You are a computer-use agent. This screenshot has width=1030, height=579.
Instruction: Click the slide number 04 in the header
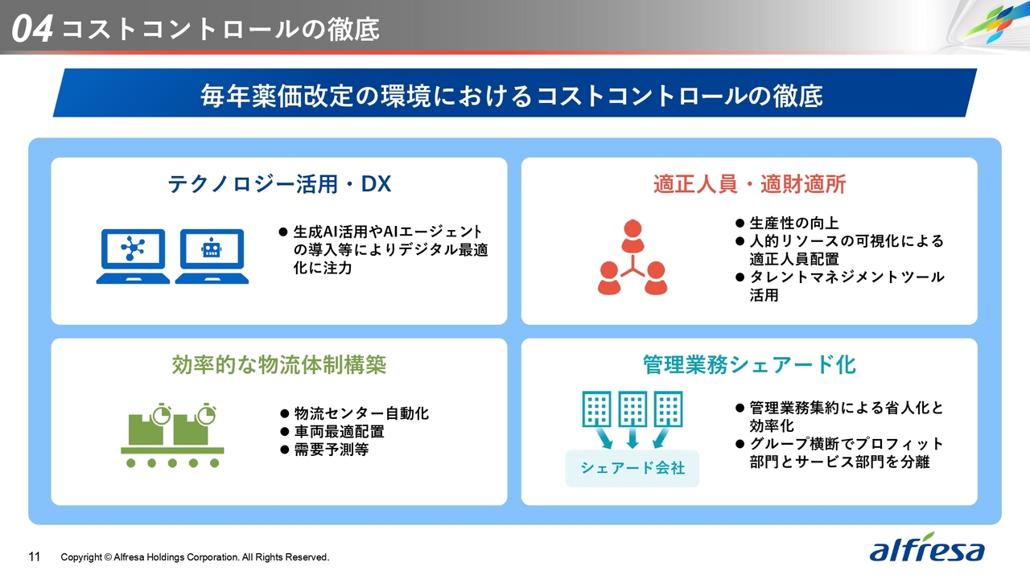(x=31, y=29)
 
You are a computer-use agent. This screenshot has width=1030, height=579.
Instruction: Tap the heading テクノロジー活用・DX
(x=279, y=184)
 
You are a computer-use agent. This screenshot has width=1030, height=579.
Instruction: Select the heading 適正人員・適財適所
(x=749, y=184)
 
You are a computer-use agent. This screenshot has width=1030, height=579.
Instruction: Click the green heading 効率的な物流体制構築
(x=279, y=365)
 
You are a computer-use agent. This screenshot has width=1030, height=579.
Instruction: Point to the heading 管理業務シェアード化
(x=749, y=365)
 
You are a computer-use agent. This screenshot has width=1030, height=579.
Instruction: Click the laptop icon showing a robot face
(x=212, y=256)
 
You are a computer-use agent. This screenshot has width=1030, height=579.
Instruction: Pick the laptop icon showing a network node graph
(x=133, y=256)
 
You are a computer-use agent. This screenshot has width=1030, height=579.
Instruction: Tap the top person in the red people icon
(x=632, y=236)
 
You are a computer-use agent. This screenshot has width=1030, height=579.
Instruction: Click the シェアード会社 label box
(x=632, y=468)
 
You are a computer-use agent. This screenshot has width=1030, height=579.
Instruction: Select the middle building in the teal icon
(x=632, y=409)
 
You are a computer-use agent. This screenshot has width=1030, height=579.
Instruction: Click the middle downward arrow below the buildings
(x=632, y=438)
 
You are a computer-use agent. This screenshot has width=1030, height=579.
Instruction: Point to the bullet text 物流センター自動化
(x=361, y=413)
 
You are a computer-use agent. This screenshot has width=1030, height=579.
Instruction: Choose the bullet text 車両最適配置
(x=340, y=432)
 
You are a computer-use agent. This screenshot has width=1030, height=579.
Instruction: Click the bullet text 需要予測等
(x=332, y=450)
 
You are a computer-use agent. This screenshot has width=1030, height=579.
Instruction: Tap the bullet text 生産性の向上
(x=794, y=224)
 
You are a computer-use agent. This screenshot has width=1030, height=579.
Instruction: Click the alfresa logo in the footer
(x=926, y=548)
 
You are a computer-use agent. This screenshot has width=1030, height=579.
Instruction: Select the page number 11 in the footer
(x=35, y=557)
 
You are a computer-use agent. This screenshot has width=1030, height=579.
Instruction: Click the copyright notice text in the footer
(x=195, y=557)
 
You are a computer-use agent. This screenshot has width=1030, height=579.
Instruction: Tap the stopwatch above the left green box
(x=162, y=414)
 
